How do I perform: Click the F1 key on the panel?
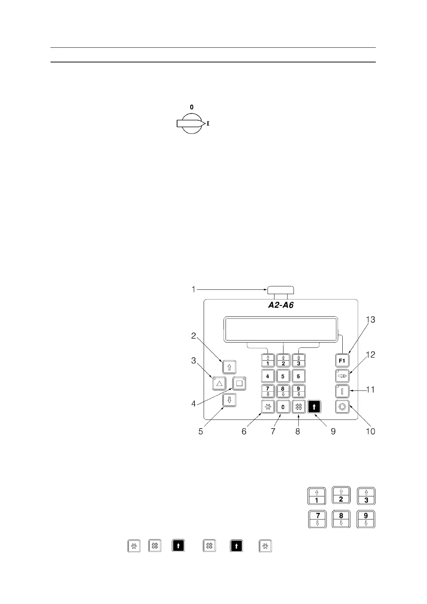(342, 360)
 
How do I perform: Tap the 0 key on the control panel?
(283, 407)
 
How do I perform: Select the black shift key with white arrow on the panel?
(314, 407)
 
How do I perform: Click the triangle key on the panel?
(219, 383)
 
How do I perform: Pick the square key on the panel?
(239, 383)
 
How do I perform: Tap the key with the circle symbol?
(342, 407)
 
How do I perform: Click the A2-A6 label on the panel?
(281, 306)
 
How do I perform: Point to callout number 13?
(370, 319)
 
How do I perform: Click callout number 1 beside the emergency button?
(193, 289)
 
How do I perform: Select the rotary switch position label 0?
(192, 107)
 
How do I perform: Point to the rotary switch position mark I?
(208, 123)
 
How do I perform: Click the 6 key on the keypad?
(298, 376)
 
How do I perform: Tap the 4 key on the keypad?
(268, 376)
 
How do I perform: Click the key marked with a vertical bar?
(342, 390)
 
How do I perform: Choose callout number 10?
(370, 431)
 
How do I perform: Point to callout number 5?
(201, 431)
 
